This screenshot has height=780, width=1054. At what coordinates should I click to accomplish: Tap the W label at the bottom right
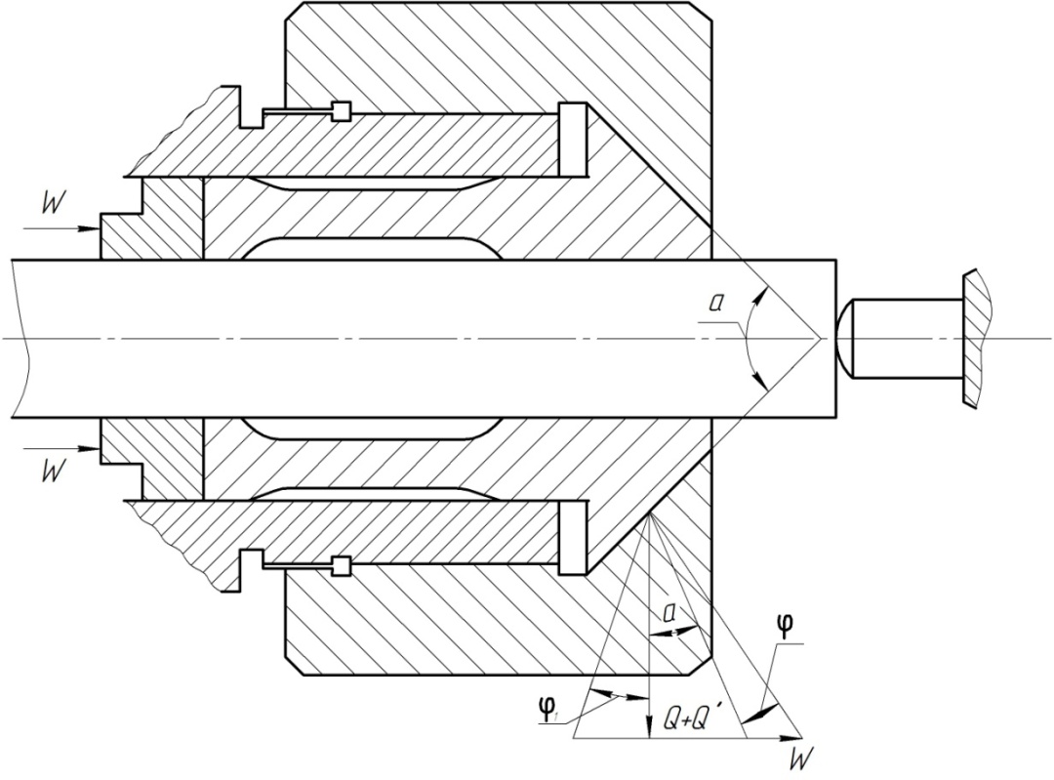798,758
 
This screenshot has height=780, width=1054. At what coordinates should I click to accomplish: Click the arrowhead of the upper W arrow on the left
95,229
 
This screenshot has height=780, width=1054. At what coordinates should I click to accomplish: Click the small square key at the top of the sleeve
341,111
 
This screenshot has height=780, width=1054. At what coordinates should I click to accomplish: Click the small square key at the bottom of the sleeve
341,565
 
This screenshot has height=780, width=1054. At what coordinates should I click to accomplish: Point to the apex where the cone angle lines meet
818,339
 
